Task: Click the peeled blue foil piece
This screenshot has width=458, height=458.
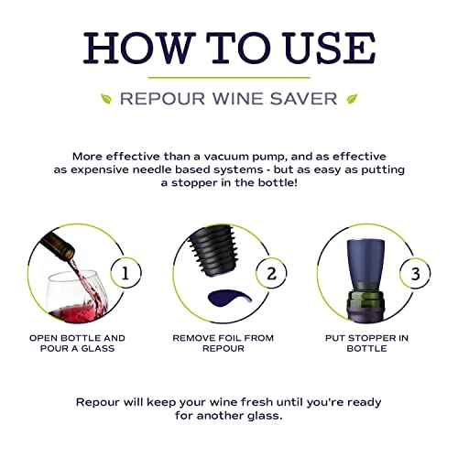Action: click(215, 298)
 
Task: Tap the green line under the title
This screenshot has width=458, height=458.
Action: click(228, 77)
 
